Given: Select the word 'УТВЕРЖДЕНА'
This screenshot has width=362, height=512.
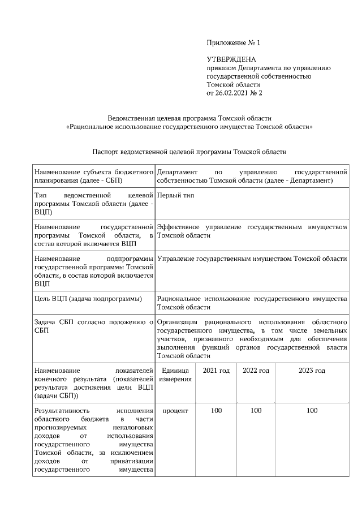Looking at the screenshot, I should point(232,59).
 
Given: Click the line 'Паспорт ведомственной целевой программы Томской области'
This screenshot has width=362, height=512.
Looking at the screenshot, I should point(189,152).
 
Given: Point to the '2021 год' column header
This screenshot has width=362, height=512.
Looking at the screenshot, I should point(216,371).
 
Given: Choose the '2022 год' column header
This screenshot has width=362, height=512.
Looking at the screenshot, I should point(256,371).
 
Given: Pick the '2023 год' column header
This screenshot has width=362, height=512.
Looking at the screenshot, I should point(312,371).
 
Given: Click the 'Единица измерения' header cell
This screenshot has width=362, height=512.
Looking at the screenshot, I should point(175,375).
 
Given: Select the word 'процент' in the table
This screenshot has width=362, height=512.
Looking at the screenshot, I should point(175,410).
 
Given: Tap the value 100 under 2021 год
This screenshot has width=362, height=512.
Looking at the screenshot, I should point(216,410).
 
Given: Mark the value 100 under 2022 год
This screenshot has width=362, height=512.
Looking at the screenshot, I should point(256,410).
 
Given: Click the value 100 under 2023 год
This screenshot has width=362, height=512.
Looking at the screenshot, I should point(312,410).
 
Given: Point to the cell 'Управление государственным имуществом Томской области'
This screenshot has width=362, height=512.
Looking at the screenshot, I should point(252,259).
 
